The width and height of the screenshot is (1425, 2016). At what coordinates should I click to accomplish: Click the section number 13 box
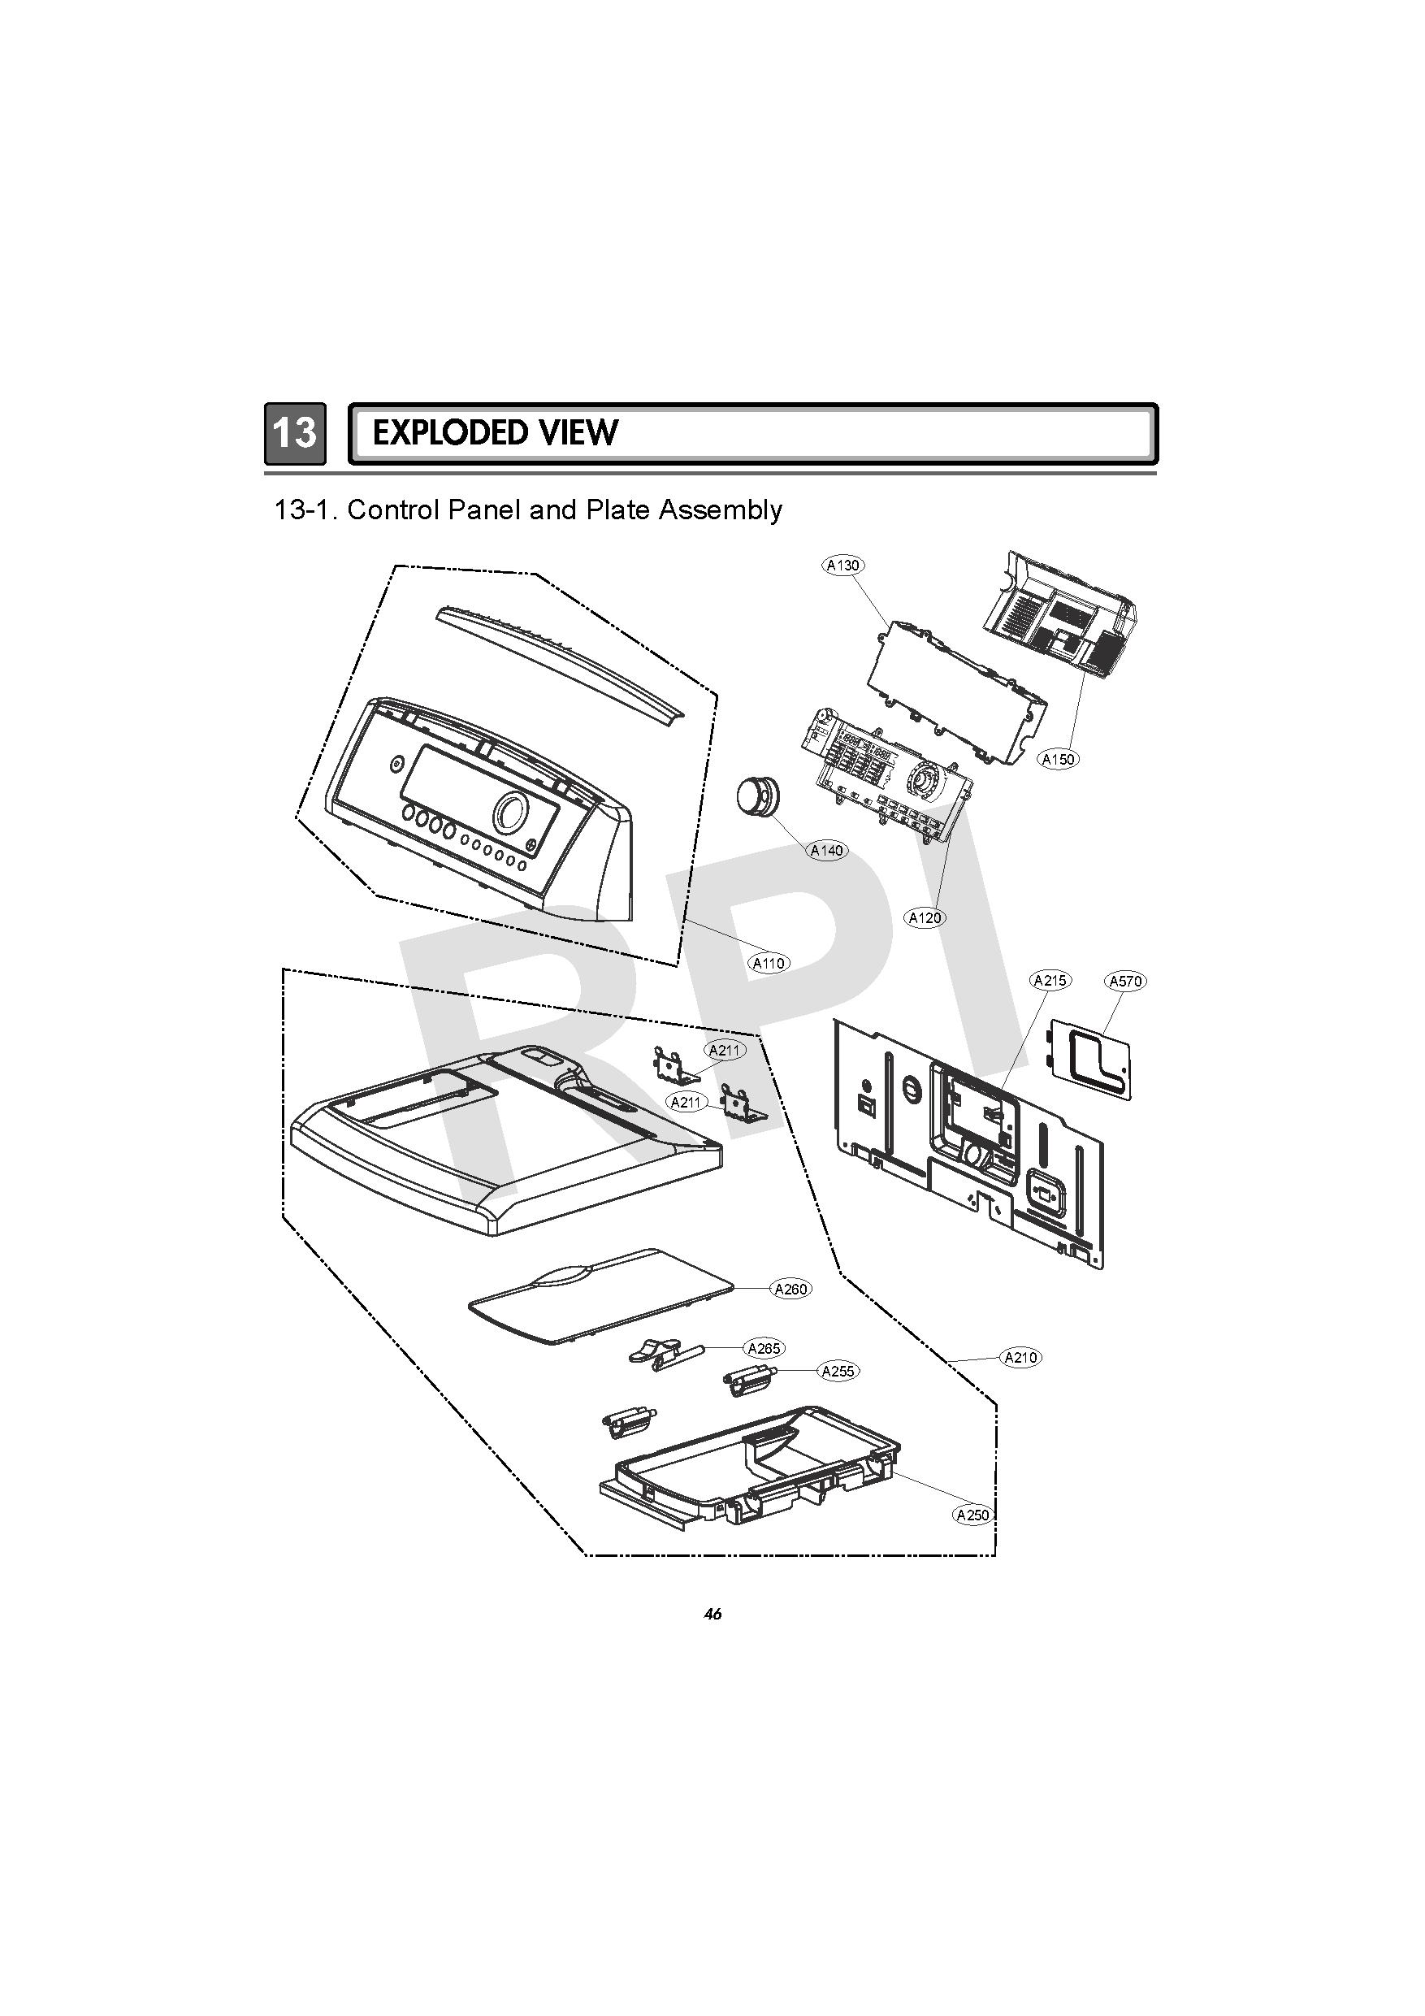click(x=295, y=433)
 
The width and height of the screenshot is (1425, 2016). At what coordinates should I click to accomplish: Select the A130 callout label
click(x=842, y=566)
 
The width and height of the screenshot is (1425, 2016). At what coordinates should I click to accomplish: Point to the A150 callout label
click(x=1058, y=760)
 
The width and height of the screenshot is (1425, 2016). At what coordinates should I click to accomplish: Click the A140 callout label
click(x=826, y=850)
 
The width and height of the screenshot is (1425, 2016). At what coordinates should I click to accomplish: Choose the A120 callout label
click(x=925, y=918)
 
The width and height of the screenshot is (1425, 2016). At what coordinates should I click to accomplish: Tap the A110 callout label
click(x=769, y=963)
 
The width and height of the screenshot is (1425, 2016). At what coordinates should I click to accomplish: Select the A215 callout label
click(x=1050, y=981)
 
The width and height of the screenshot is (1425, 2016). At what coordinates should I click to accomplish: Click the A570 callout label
click(x=1125, y=982)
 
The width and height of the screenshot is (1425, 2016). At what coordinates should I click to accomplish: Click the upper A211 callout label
click(x=726, y=1050)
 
